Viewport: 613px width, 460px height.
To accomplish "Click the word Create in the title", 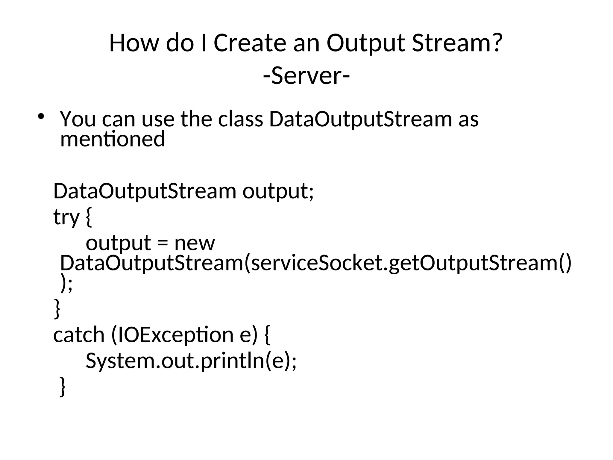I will coord(250,43).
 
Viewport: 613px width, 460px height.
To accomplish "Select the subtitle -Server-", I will coord(306,76).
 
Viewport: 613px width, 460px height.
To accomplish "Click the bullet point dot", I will coord(41,116).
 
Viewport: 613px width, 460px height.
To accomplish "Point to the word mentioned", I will coord(113,139).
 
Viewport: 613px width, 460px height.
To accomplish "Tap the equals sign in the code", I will coord(163,243).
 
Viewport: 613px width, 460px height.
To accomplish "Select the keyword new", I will coord(195,243).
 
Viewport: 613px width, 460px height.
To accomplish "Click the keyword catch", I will coord(79,335).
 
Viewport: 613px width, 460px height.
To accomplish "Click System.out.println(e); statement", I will coord(191,361).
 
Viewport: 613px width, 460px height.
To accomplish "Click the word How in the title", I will coord(133,43).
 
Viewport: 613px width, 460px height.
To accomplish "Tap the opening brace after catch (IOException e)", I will coord(268,335).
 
